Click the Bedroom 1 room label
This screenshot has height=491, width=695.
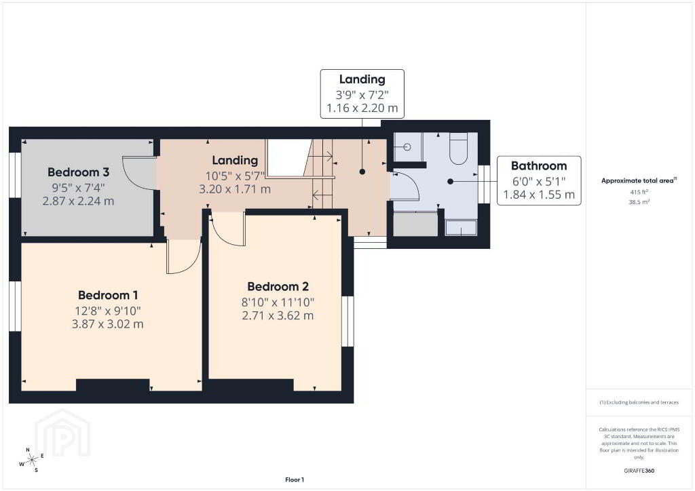108,295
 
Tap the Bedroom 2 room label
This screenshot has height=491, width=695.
278,286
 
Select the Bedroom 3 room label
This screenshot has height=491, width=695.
79,172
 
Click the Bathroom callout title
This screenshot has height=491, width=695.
538,165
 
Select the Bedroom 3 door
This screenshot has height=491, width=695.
138,173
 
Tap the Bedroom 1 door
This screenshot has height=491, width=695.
183,258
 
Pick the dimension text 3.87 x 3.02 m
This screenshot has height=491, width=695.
108,324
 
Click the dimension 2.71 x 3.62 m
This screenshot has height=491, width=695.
278,315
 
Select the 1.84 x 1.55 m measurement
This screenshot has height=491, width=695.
538,195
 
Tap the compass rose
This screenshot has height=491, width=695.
31,460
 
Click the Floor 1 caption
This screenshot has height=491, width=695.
295,479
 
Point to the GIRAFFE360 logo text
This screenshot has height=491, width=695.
639,471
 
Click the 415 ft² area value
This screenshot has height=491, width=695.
639,192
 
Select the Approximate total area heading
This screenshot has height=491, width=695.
639,180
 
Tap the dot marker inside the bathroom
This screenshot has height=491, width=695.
451,181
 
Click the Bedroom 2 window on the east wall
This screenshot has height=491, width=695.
347,321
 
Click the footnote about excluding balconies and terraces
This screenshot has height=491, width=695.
639,402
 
